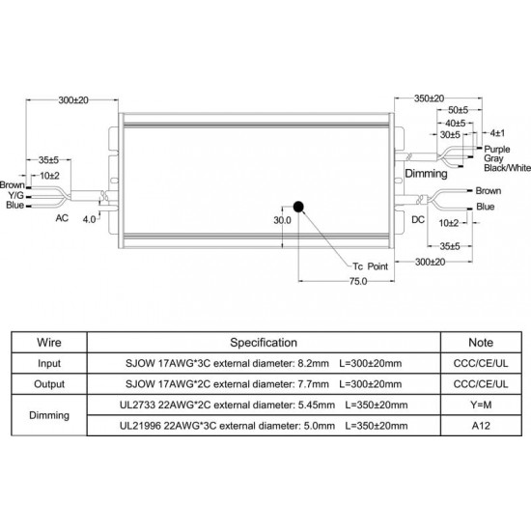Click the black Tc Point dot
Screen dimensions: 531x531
click(298, 207)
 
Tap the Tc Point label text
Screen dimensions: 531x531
click(370, 266)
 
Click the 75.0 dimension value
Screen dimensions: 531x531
click(358, 281)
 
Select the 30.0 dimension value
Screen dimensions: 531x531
click(282, 220)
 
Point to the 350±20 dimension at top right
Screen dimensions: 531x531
click(429, 98)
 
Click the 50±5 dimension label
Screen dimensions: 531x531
click(458, 110)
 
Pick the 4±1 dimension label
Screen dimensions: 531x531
click(497, 133)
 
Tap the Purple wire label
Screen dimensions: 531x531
click(497, 149)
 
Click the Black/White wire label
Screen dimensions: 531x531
click(507, 168)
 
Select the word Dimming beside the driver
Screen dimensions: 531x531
click(426, 174)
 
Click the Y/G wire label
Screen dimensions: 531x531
click(15, 195)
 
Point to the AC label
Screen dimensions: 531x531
click(62, 218)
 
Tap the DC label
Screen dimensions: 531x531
click(418, 220)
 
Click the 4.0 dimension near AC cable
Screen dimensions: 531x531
click(89, 219)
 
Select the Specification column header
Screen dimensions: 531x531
click(264, 343)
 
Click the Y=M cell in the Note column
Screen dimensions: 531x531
click(481, 405)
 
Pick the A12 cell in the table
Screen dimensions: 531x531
click(481, 426)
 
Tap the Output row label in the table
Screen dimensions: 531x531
click(49, 384)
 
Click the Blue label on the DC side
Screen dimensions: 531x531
click(486, 207)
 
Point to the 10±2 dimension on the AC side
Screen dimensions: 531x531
click(49, 176)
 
